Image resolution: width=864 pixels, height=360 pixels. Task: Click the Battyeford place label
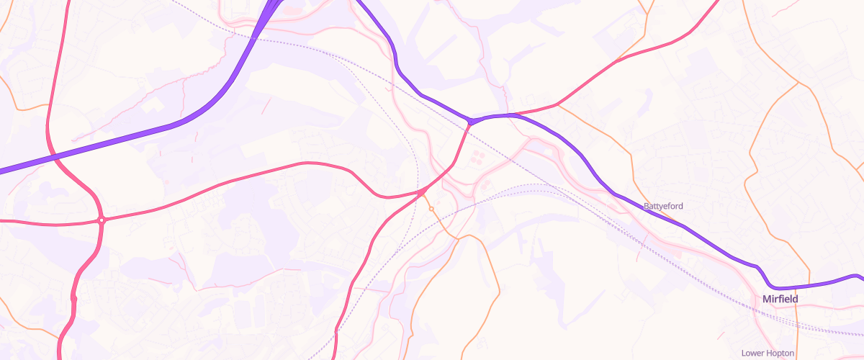pyautogui.click(x=663, y=206)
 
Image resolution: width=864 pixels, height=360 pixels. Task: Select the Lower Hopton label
pyautogui.click(x=768, y=353)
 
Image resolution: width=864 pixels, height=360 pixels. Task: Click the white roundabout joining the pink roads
pyautogui.click(x=102, y=220)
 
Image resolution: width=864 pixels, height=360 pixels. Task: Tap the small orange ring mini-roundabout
pyautogui.click(x=431, y=209)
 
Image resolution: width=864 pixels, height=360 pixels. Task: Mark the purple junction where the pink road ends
pyautogui.click(x=470, y=122)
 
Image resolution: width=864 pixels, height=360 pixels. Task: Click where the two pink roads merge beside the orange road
pyautogui.click(x=420, y=193)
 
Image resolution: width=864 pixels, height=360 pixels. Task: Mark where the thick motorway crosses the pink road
pyautogui.click(x=55, y=156)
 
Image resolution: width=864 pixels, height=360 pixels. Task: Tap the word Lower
pyautogui.click(x=752, y=353)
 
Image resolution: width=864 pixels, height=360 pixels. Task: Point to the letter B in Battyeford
pyautogui.click(x=647, y=206)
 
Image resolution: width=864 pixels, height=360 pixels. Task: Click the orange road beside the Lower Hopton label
pyautogui.click(x=798, y=338)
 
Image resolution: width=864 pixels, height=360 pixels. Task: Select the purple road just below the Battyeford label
pyautogui.click(x=677, y=223)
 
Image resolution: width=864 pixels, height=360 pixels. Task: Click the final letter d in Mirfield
pyautogui.click(x=795, y=299)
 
